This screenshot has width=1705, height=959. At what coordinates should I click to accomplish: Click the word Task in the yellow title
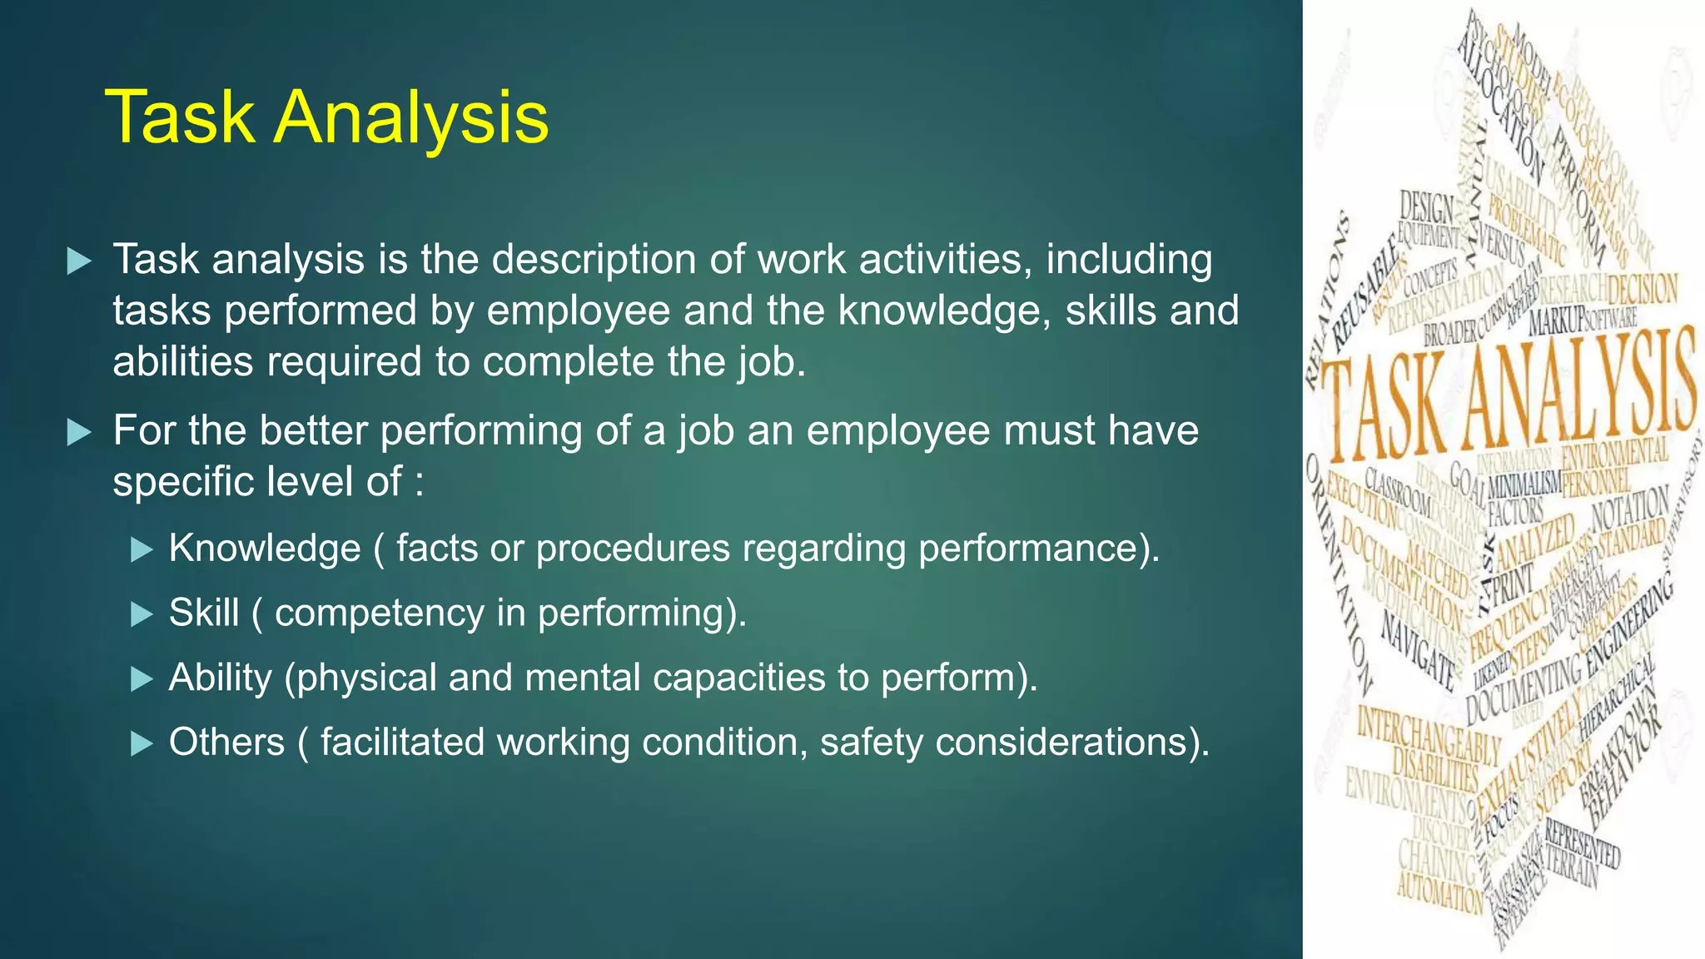(x=179, y=117)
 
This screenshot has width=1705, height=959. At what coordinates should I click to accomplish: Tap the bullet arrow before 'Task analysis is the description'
(x=78, y=261)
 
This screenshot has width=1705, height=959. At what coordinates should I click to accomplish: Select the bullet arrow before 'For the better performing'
(x=78, y=432)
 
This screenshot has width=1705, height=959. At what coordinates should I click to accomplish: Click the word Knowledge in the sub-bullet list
(x=265, y=549)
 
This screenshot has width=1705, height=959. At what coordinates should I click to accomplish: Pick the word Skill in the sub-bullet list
(x=204, y=614)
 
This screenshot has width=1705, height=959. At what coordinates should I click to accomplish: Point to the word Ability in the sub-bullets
(x=220, y=678)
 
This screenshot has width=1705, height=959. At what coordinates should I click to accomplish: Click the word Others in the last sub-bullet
(x=226, y=742)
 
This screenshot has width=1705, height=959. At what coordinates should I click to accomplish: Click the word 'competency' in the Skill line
(x=380, y=614)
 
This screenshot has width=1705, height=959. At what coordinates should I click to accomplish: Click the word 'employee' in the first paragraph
(x=578, y=311)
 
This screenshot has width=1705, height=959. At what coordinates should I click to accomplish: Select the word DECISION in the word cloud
(x=1642, y=291)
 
